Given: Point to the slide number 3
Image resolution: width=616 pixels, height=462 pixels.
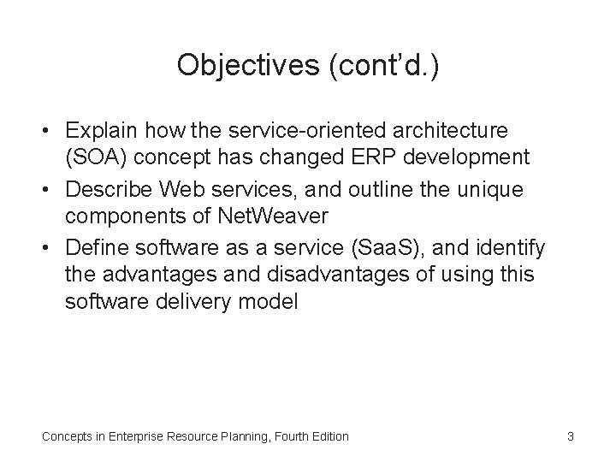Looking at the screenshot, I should click(570, 436).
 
